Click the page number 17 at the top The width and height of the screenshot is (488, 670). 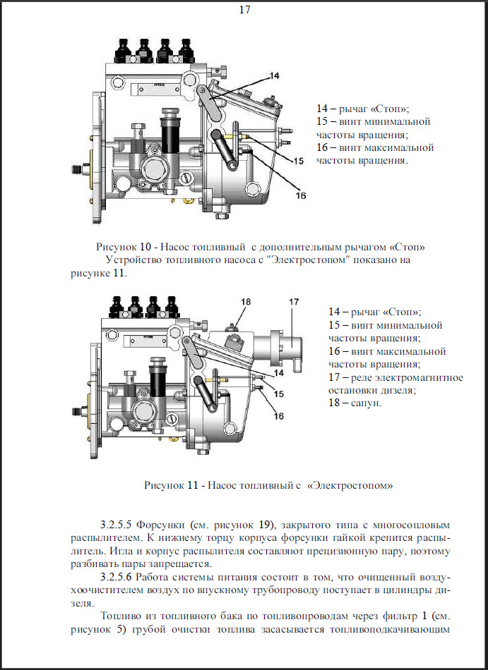244,9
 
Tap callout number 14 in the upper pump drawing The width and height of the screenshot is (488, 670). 275,75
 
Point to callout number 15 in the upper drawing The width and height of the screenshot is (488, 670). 298,161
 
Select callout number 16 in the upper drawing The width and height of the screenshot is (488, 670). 301,195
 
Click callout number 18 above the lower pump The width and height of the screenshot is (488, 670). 246,302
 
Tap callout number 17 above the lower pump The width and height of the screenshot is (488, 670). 294,302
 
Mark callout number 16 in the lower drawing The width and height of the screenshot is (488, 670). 279,416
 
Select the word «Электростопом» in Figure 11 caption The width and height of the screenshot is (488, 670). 350,485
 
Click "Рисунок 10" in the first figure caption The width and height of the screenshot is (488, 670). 124,247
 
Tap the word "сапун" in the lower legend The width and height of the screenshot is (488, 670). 365,403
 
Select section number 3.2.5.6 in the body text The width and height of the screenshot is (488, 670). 116,577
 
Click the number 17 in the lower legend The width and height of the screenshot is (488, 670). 334,377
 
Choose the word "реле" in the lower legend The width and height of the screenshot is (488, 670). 361,378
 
